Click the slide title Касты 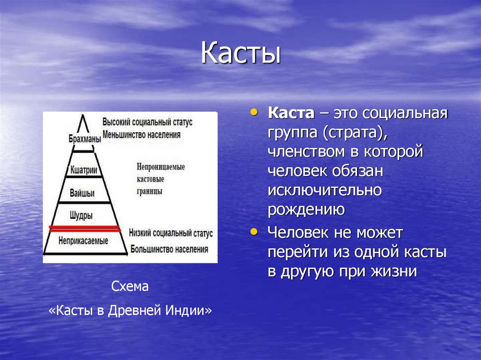pyautogui.click(x=240, y=54)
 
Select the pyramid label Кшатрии pyautogui.click(x=84, y=170)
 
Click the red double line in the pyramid pyautogui.click(x=85, y=229)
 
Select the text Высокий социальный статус pyautogui.click(x=147, y=121)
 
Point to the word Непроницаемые pyautogui.click(x=161, y=167)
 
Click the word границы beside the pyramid pyautogui.click(x=150, y=192)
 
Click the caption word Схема pyautogui.click(x=130, y=286)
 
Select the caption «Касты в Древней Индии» pyautogui.click(x=131, y=311)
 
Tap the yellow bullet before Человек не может pyautogui.click(x=255, y=231)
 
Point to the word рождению pyautogui.click(x=307, y=209)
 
